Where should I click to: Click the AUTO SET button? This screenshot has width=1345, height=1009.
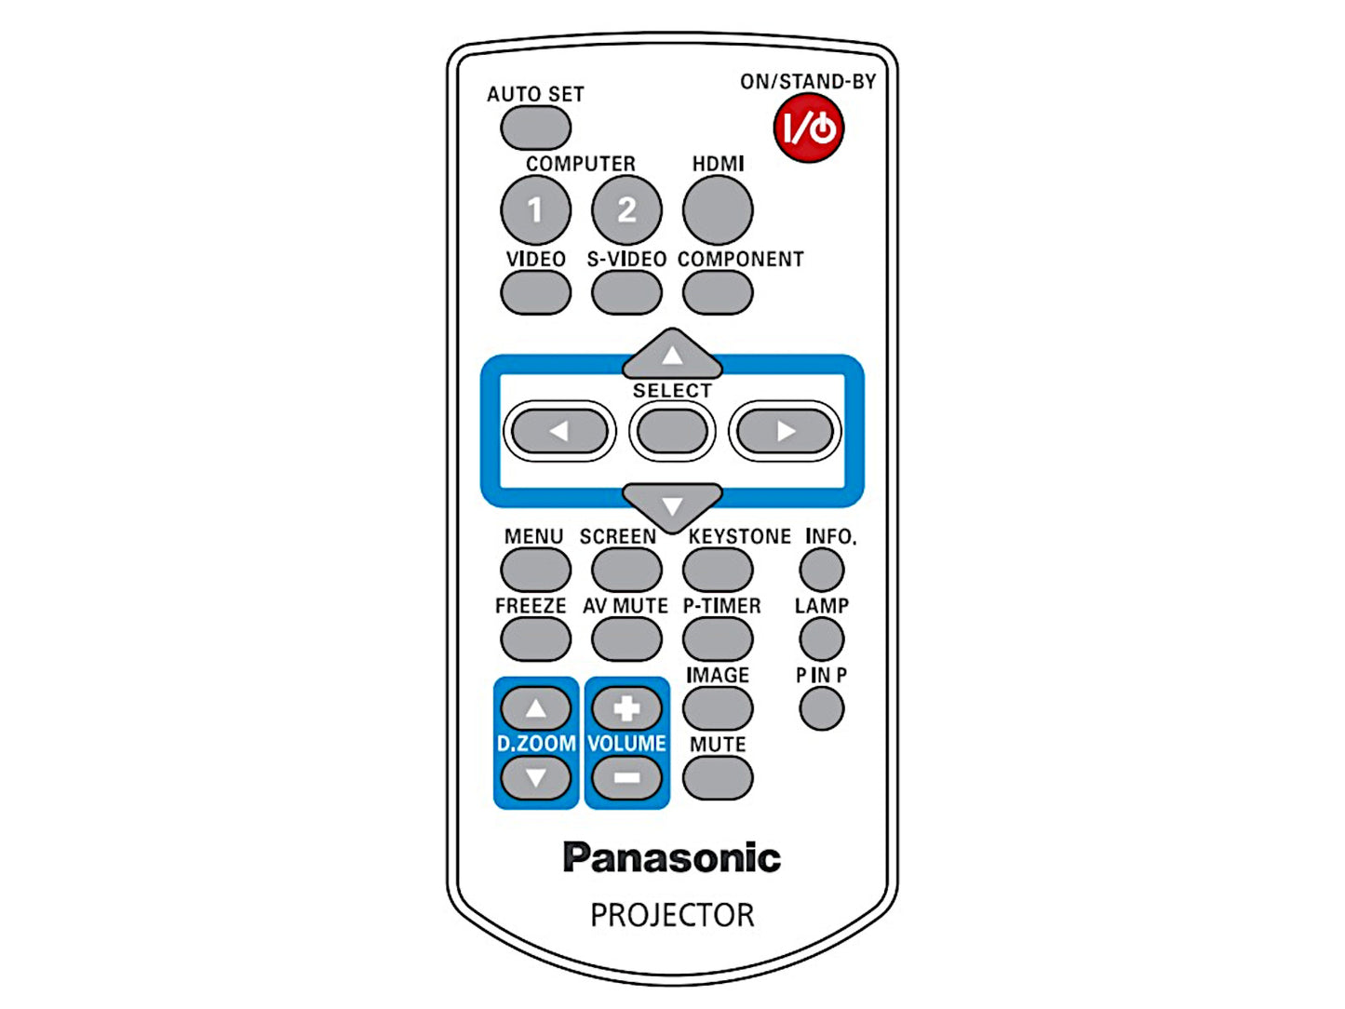(535, 128)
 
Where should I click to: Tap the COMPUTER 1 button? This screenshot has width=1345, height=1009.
(535, 209)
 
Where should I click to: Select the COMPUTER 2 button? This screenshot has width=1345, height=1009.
(626, 209)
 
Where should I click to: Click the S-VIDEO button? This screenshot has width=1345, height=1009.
(626, 293)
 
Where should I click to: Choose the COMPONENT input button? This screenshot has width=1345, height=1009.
(717, 293)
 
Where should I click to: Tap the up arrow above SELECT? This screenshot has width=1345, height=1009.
(672, 355)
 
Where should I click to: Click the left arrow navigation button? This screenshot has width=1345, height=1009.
(559, 431)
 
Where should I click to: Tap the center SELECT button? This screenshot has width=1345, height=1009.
(672, 431)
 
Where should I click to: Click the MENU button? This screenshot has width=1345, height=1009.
(535, 569)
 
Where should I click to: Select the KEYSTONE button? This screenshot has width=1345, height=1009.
(717, 569)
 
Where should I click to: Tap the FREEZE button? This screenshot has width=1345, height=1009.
(535, 639)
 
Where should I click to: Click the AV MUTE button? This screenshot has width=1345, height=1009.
(626, 639)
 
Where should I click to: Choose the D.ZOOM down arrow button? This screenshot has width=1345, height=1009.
(535, 777)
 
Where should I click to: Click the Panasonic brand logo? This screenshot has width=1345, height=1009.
(671, 857)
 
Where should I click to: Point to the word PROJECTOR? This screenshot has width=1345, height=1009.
(672, 915)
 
